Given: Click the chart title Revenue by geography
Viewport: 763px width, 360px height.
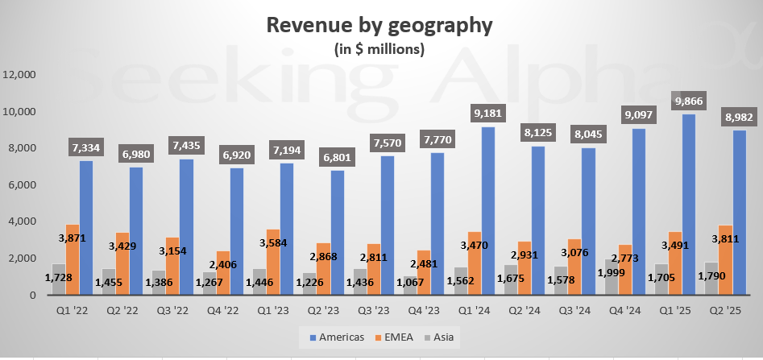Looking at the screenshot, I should point(379,24).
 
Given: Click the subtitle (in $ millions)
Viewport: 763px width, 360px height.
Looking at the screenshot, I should point(379,48).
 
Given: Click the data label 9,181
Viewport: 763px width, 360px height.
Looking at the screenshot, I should point(489,112).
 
